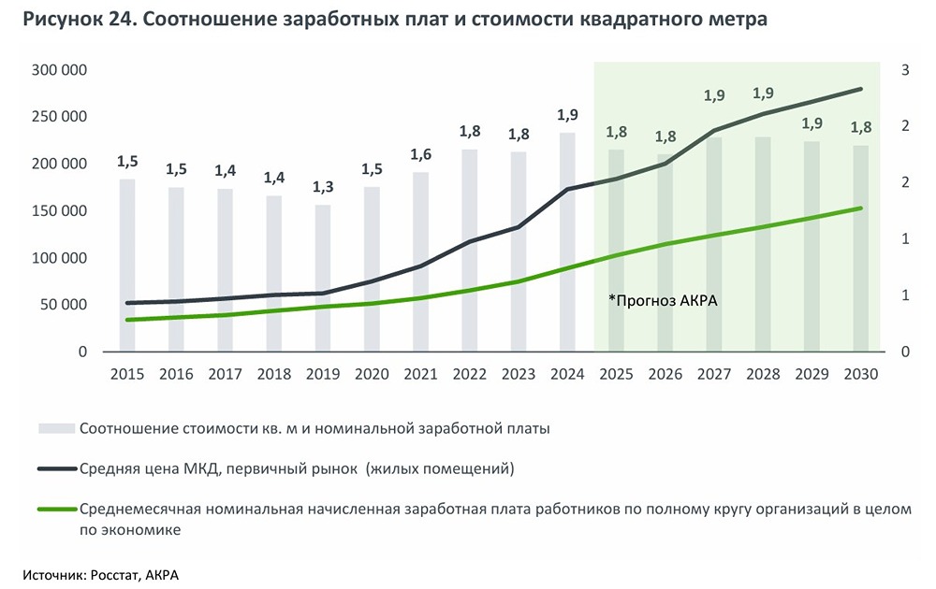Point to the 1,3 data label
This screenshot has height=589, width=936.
point(322,187)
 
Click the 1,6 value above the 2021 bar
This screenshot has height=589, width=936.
point(420,154)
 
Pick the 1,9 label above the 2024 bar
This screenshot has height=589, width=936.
point(567,115)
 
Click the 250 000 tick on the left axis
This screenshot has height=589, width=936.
point(61,117)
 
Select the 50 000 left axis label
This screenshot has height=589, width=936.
point(65,305)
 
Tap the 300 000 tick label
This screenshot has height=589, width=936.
point(61,70)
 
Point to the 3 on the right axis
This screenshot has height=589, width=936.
point(905,70)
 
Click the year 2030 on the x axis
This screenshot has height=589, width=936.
point(860,374)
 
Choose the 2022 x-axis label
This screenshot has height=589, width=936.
point(469,374)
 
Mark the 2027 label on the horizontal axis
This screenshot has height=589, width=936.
point(713,374)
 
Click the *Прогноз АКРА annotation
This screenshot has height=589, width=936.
point(662,300)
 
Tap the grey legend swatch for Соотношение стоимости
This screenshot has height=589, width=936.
point(55,429)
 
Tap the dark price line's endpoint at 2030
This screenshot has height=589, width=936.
point(860,89)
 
